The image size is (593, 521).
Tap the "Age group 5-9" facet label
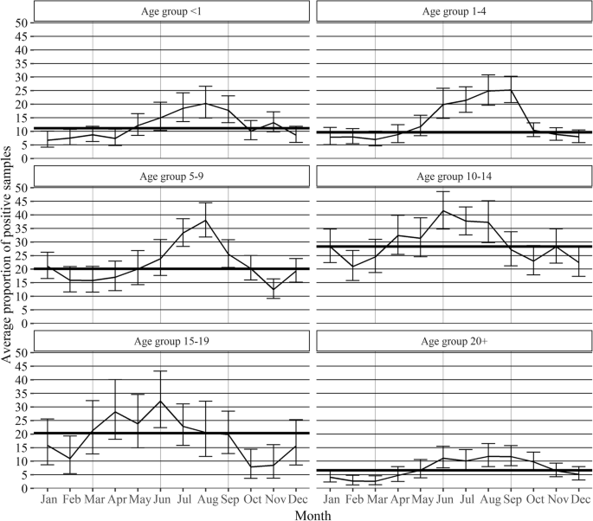pos(161,177)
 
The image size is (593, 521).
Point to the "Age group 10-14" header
pos(454,177)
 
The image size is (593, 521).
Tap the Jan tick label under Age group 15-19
pos(48,499)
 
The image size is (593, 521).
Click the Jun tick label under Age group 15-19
pos(161,499)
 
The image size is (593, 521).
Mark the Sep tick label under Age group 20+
pos(511,499)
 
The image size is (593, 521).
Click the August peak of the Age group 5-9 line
pos(206,219)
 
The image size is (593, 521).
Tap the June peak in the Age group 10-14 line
pos(443,210)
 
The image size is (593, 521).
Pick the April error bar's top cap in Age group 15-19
pos(116,380)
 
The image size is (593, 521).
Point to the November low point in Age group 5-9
pos(274,289)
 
